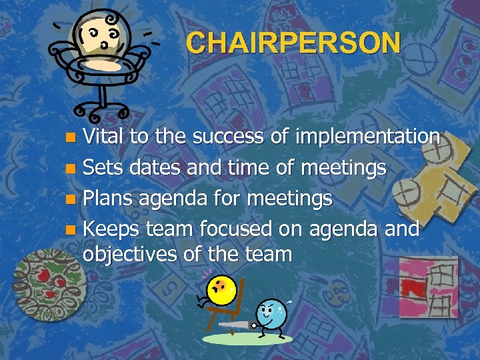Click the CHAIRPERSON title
point(293,43)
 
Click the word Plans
point(107,198)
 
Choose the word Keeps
point(111,229)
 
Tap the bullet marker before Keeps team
point(72,230)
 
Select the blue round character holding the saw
point(271,313)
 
